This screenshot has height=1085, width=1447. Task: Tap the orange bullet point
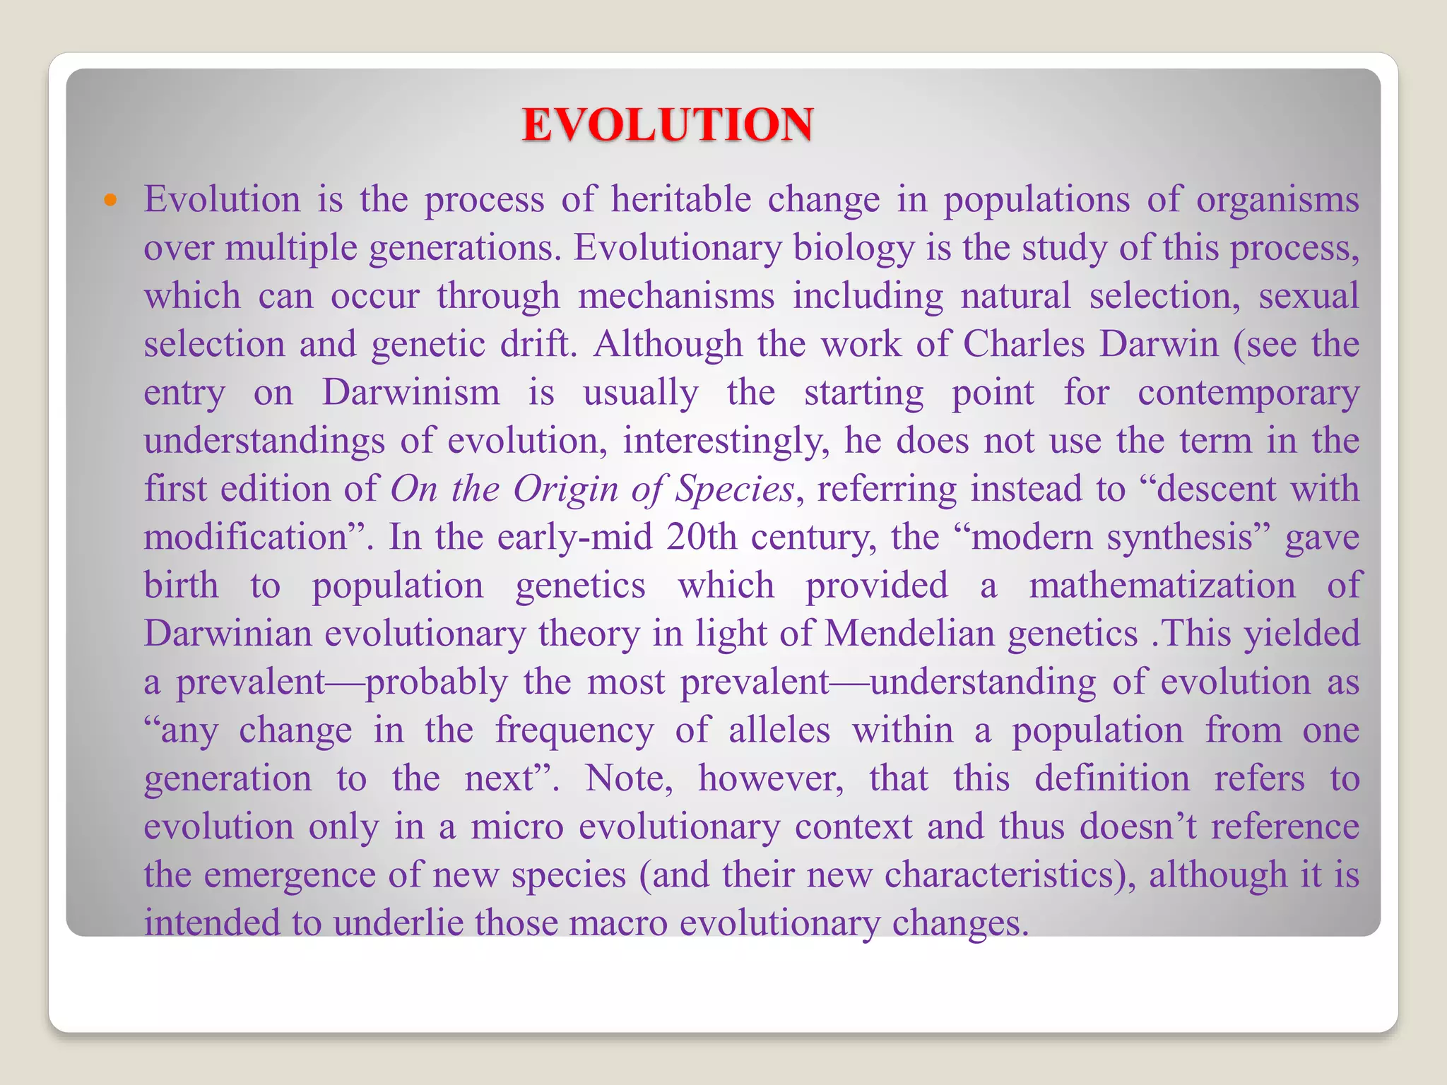(110, 200)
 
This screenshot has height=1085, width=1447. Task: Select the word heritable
(680, 199)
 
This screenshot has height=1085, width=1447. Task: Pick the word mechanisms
(676, 295)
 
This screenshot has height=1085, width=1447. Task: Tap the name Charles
(1024, 344)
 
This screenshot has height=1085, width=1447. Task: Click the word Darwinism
(411, 392)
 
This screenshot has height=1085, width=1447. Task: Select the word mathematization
(1162, 586)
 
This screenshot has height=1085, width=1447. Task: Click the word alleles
(779, 730)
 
